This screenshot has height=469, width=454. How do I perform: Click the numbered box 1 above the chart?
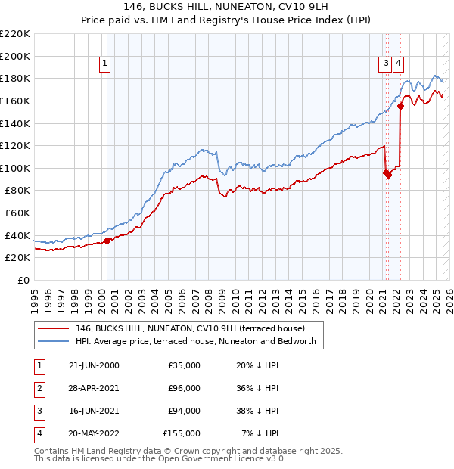[x=104, y=64]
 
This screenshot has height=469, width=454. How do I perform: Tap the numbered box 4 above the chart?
[x=397, y=64]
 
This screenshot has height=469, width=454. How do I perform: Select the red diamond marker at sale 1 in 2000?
[x=107, y=241]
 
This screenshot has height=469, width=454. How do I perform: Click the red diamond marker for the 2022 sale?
[x=400, y=107]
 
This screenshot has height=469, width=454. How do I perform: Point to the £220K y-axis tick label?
[x=15, y=33]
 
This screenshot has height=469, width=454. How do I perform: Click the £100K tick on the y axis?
[x=15, y=168]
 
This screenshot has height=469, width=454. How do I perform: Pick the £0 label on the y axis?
[x=23, y=280]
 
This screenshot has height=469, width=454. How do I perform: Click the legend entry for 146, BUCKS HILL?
[x=190, y=328]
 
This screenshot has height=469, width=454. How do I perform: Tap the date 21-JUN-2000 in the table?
[x=94, y=365]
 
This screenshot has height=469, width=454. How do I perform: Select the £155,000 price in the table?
[x=182, y=433]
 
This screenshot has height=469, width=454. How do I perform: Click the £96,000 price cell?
[x=184, y=388]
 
